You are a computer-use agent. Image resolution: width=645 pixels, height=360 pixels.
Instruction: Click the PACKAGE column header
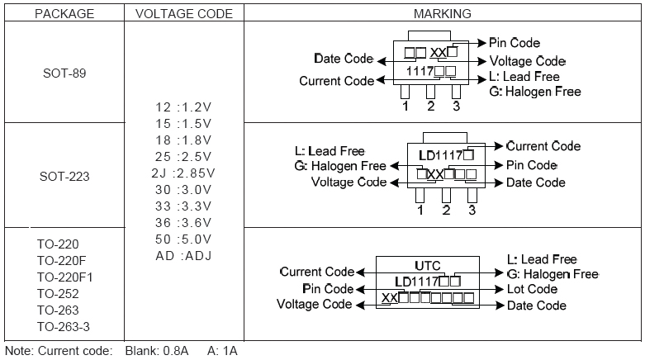[x=64, y=14]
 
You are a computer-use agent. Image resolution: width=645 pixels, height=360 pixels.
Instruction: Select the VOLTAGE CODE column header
[x=183, y=14]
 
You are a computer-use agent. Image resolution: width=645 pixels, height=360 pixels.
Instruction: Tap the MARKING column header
[x=443, y=14]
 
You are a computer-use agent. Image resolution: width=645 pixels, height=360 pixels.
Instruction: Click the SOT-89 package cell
[x=64, y=73]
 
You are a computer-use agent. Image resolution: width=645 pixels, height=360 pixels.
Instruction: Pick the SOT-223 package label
[x=64, y=176]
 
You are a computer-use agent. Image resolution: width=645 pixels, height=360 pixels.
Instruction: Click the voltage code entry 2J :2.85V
[x=184, y=173]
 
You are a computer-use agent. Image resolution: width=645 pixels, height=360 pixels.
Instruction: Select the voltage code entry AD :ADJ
[x=184, y=255]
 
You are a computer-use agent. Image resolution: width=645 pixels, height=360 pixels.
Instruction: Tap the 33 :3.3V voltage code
[x=184, y=206]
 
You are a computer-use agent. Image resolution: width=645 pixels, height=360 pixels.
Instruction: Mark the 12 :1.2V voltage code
[x=184, y=107]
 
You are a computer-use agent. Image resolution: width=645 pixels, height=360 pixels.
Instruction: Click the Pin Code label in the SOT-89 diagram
[x=515, y=43]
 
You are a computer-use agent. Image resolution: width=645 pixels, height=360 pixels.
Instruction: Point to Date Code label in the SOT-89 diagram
[x=344, y=59]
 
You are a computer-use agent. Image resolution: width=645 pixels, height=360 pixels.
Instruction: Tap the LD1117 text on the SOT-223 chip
[x=440, y=154]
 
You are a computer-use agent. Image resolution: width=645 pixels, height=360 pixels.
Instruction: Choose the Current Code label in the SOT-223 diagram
[x=543, y=146]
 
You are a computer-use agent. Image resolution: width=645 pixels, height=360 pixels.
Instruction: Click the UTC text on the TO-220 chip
[x=428, y=266]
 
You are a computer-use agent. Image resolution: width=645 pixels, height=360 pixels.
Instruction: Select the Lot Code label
[x=531, y=289]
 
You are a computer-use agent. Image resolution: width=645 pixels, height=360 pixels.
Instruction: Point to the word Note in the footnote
[x=19, y=351]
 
